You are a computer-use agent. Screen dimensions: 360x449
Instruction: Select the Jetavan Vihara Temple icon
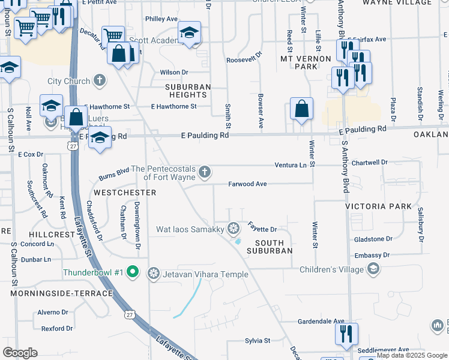coord(154,274)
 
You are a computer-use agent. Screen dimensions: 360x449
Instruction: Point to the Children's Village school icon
coord(373,268)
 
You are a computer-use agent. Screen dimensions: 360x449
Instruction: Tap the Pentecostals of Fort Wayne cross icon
coord(205,173)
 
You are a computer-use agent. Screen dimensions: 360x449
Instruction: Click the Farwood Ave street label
coord(247,184)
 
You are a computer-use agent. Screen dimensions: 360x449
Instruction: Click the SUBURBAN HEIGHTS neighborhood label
coord(188,91)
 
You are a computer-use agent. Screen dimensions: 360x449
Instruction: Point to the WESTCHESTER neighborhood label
coord(125,193)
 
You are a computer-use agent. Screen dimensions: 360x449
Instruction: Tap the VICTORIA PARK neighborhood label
coord(378,206)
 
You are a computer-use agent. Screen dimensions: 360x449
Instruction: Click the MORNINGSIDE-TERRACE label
coord(61,293)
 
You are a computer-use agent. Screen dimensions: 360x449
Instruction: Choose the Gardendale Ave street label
coord(322,322)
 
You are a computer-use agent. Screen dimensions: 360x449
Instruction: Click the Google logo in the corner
coord(20,353)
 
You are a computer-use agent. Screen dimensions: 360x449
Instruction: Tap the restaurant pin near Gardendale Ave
coord(346,334)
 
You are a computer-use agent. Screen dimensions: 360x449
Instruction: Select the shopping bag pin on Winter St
coord(301,109)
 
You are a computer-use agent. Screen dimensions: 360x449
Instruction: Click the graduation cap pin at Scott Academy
coord(189,33)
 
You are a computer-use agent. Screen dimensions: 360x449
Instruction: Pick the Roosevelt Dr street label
coord(244,60)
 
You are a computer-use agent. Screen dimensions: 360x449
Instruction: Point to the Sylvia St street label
coord(258,341)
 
